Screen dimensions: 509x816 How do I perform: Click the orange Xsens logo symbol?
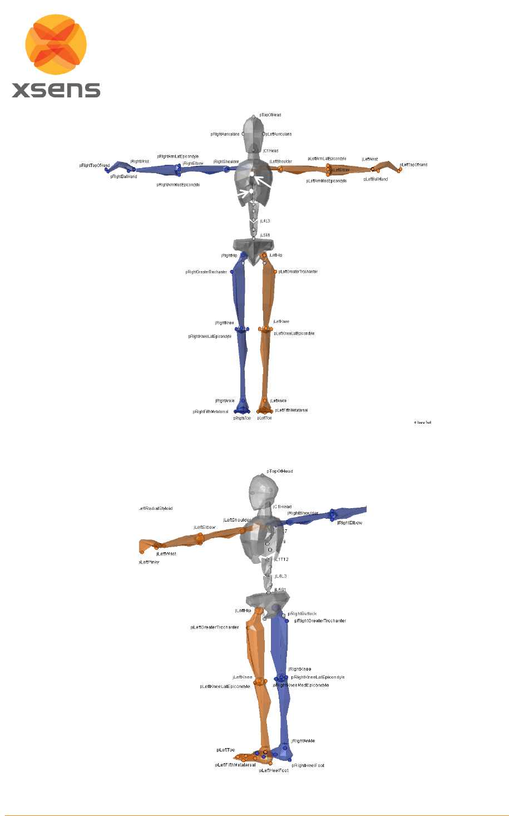(56, 45)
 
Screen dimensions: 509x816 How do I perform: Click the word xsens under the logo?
(56, 90)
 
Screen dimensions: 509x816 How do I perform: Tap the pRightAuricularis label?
(225, 134)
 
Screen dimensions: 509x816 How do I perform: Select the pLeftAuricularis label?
(279, 134)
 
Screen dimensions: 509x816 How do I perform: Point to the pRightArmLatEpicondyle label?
(177, 157)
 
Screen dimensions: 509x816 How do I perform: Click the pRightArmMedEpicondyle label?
(178, 185)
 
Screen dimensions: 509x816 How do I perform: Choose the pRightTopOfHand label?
(95, 165)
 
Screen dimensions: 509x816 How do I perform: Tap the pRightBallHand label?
(123, 176)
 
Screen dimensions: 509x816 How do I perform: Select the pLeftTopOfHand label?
(413, 165)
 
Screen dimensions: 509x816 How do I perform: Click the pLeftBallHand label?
(375, 179)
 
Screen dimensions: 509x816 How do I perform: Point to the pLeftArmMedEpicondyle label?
(326, 181)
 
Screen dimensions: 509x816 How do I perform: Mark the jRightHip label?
(229, 255)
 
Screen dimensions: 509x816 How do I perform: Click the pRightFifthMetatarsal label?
(210, 412)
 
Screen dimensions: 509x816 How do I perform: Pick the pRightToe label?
(242, 418)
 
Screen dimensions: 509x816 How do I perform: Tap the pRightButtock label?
(302, 614)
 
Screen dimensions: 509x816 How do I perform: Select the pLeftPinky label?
(149, 562)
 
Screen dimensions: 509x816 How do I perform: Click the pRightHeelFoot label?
(308, 765)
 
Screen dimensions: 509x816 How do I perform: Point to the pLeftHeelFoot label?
(273, 770)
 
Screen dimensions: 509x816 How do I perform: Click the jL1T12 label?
(281, 559)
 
